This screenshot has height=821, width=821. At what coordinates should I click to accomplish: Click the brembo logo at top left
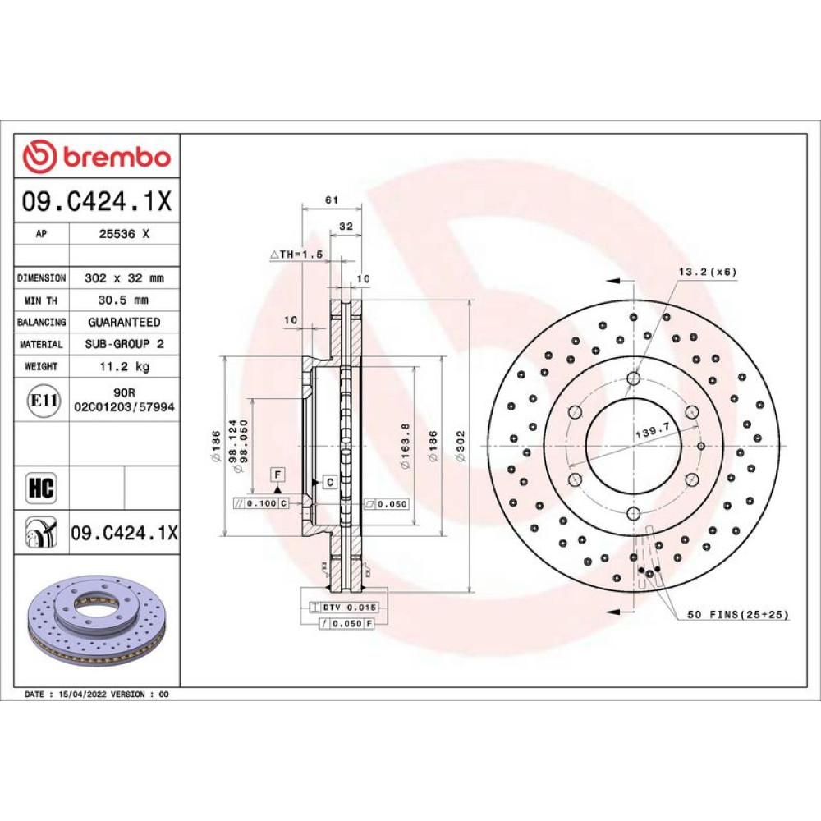96,156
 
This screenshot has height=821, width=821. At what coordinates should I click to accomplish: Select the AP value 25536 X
124,234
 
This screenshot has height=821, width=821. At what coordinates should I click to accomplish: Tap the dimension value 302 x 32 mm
124,278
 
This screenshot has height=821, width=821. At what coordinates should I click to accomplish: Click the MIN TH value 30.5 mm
123,300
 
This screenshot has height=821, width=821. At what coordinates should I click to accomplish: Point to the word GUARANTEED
124,322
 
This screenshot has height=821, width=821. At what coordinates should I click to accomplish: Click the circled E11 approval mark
43,401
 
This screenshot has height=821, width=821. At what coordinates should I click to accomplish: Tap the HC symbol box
41,488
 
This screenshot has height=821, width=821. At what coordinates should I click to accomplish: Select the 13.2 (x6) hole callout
708,272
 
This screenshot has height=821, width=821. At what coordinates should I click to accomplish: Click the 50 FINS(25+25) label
738,614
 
